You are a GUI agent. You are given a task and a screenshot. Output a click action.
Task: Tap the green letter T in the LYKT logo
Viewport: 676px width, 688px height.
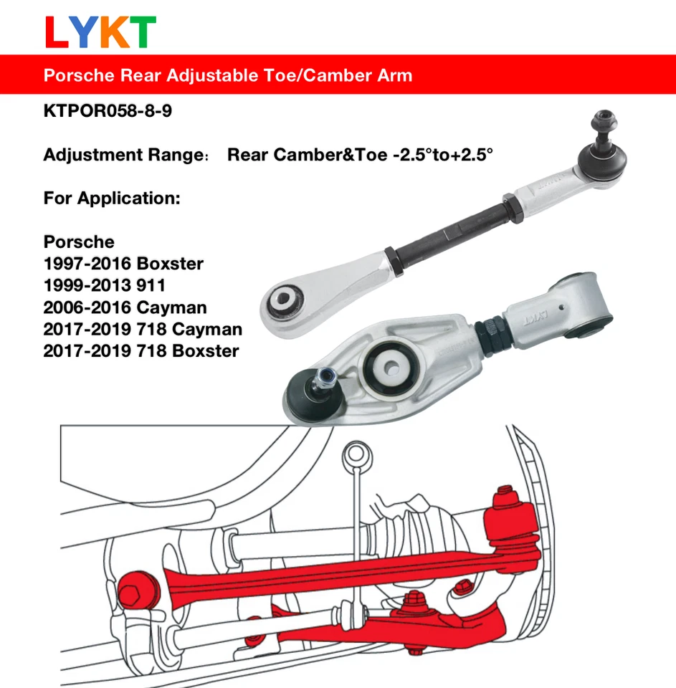click(x=140, y=32)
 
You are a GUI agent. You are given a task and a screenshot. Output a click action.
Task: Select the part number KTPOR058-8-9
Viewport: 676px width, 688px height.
click(x=108, y=113)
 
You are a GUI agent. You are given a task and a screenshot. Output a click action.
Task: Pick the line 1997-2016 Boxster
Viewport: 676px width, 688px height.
click(x=123, y=264)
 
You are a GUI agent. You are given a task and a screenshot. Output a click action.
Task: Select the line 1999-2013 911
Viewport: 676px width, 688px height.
click(x=105, y=285)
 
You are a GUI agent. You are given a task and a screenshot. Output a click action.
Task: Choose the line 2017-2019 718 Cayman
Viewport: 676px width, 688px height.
click(x=143, y=329)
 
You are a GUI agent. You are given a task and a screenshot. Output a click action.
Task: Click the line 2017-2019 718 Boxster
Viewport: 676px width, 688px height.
click(x=141, y=351)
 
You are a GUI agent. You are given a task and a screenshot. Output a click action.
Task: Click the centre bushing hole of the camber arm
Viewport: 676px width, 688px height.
click(x=392, y=364)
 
